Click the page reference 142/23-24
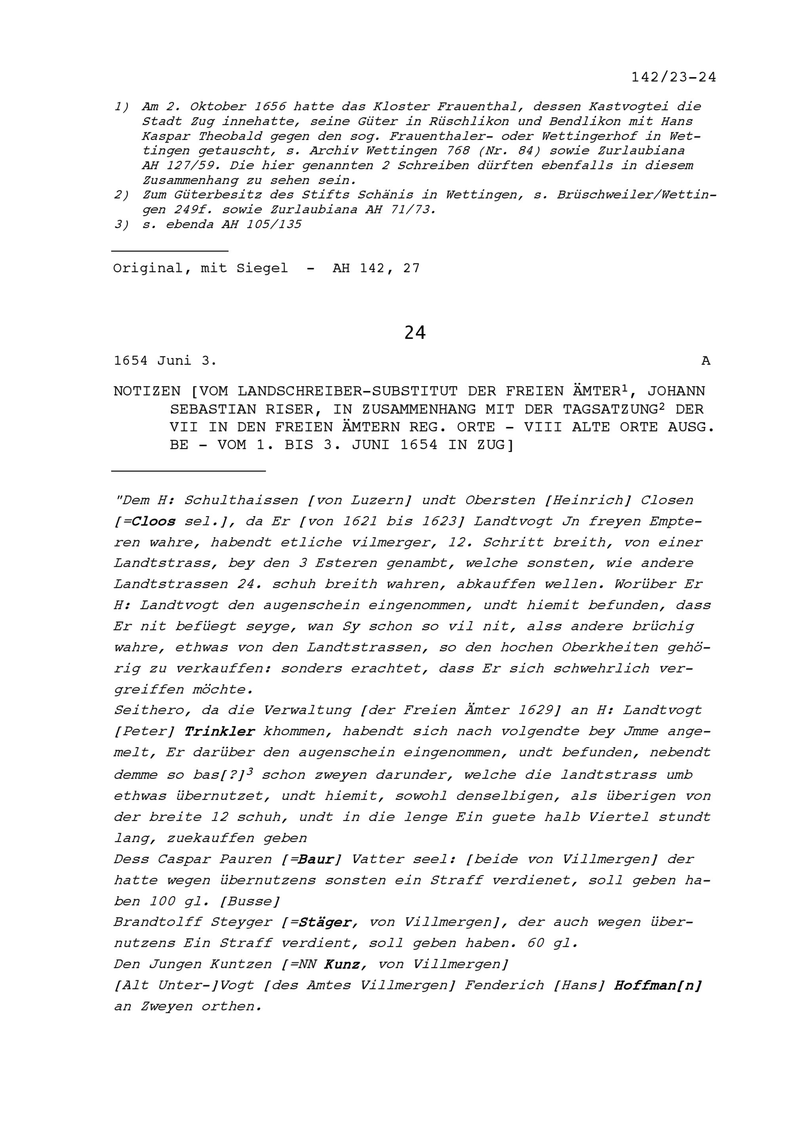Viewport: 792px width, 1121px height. point(674,77)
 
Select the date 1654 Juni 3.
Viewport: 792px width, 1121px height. point(165,361)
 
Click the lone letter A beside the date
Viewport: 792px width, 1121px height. point(706,361)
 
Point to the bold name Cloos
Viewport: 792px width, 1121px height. point(153,521)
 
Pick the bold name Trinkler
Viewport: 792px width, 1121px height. point(220,731)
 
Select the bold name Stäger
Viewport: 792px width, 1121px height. point(326,922)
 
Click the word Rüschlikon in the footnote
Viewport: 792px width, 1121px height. point(469,121)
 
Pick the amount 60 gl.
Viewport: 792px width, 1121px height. point(552,943)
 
